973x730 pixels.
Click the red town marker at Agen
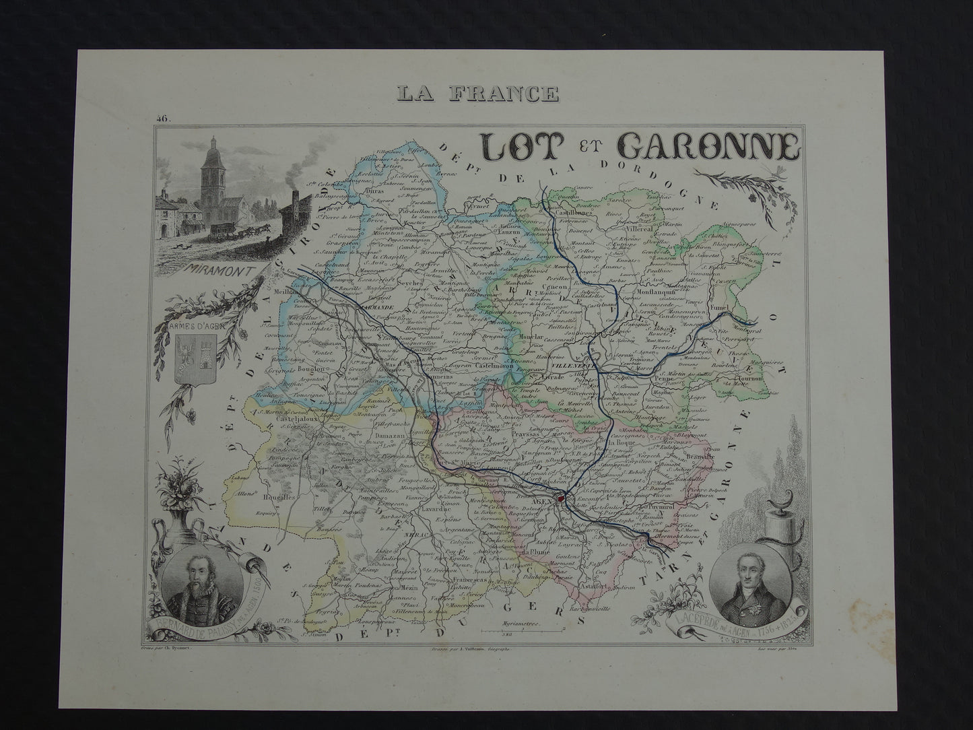[x=560, y=500]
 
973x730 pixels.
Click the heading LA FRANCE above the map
[x=479, y=92]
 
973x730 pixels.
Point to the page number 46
[x=163, y=119]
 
